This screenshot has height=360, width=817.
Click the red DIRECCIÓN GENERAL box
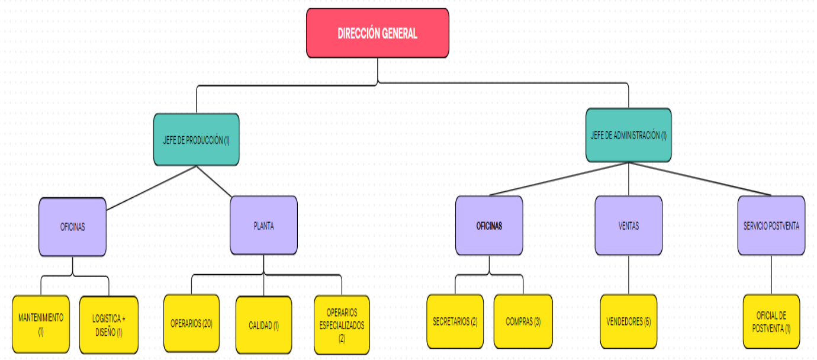377,33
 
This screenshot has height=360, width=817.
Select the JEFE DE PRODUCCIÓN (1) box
196,140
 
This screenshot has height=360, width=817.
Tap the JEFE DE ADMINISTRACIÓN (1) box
628,135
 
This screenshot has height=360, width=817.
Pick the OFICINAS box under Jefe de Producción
72,227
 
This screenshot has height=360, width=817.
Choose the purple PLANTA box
263,226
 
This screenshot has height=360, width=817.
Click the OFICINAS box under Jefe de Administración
489,226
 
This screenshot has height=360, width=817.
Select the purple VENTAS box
628,226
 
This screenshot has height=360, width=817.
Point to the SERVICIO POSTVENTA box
771,226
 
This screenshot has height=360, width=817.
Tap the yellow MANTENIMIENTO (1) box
41,324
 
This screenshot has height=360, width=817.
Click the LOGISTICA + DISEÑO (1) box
109,324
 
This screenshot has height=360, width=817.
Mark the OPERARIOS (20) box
191,323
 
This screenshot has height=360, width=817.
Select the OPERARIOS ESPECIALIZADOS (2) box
342,325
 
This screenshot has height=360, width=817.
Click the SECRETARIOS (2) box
455,322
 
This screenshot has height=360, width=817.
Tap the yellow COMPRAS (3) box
523,322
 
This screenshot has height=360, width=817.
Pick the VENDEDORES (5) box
628,322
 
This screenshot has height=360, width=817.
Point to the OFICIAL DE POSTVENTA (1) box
771,322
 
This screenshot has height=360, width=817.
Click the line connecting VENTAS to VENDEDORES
628,275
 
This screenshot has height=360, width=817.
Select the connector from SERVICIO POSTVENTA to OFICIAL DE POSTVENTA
771,275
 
